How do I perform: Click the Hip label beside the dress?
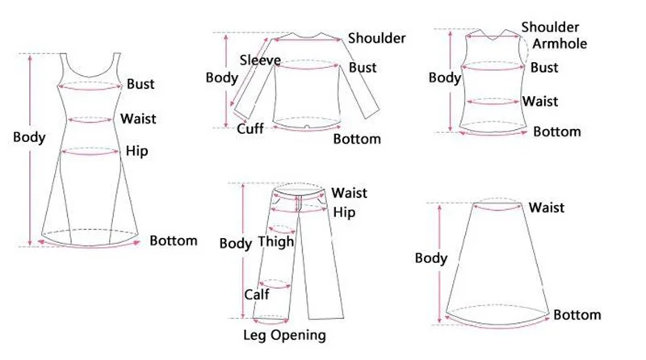(x=137, y=151)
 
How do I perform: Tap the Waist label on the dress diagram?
(x=138, y=119)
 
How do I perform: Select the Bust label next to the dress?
(x=140, y=84)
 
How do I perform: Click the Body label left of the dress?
(x=29, y=137)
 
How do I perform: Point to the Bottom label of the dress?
(x=174, y=241)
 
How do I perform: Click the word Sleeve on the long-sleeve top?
(x=260, y=60)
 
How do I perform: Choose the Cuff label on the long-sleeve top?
(x=250, y=129)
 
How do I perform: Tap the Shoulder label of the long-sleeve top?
(x=376, y=38)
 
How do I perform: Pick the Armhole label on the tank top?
(x=564, y=44)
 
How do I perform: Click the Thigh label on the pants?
(x=275, y=242)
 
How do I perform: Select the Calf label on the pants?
(x=256, y=295)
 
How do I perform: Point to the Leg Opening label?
(x=284, y=335)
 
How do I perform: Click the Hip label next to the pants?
(x=344, y=211)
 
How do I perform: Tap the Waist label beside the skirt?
(x=546, y=208)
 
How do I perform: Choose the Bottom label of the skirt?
(x=577, y=315)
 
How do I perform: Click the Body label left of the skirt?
(x=430, y=258)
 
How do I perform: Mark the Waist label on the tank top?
(x=540, y=102)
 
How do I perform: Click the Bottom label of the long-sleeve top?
(x=357, y=139)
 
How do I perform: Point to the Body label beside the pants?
(x=236, y=243)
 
